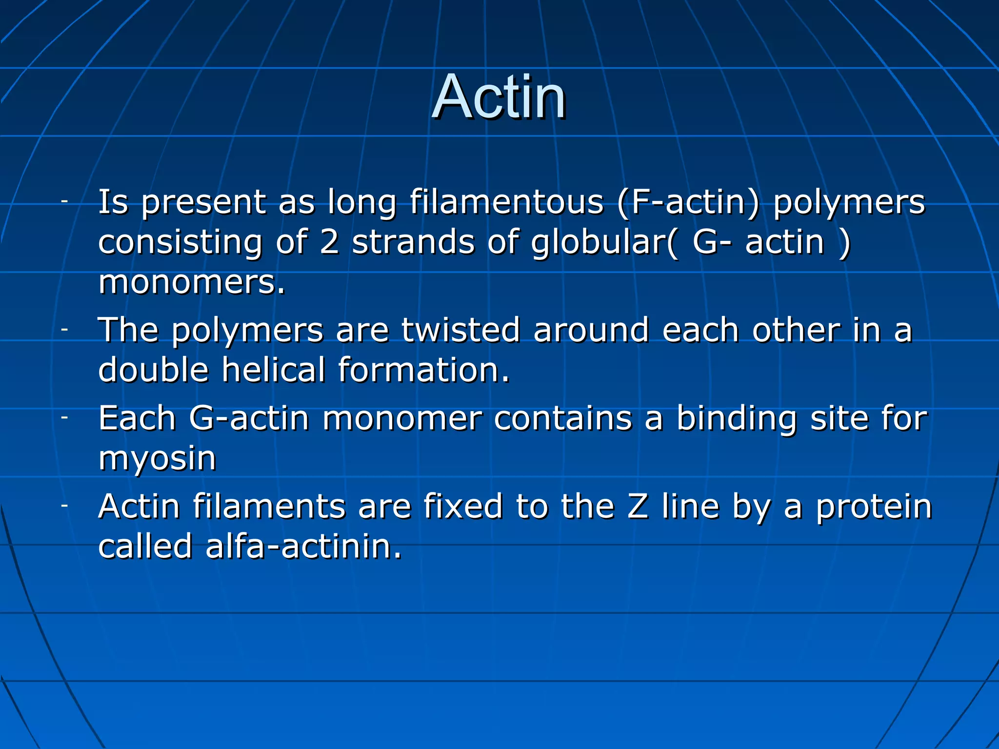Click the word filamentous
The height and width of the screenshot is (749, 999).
pyautogui.click(x=506, y=202)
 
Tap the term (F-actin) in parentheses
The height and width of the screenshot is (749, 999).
pyautogui.click(x=689, y=203)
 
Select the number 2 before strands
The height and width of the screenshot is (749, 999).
pyautogui.click(x=330, y=242)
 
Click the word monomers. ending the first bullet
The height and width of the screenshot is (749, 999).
pyautogui.click(x=191, y=283)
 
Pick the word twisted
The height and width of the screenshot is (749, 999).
pyautogui.click(x=460, y=330)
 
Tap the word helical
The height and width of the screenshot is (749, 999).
pyautogui.click(x=273, y=370)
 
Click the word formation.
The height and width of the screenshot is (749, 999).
pyautogui.click(x=423, y=370)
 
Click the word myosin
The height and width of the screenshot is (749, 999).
pyautogui.click(x=157, y=458)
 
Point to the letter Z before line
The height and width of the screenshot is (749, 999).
pyautogui.click(x=638, y=506)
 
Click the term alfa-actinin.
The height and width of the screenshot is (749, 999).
pyautogui.click(x=303, y=546)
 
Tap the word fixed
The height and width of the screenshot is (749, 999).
pyautogui.click(x=463, y=506)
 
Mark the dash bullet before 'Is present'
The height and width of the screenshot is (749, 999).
pyautogui.click(x=64, y=201)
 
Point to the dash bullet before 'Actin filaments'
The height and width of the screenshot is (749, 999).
pyautogui.click(x=64, y=506)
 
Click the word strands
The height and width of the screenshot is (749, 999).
pyautogui.click(x=413, y=242)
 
